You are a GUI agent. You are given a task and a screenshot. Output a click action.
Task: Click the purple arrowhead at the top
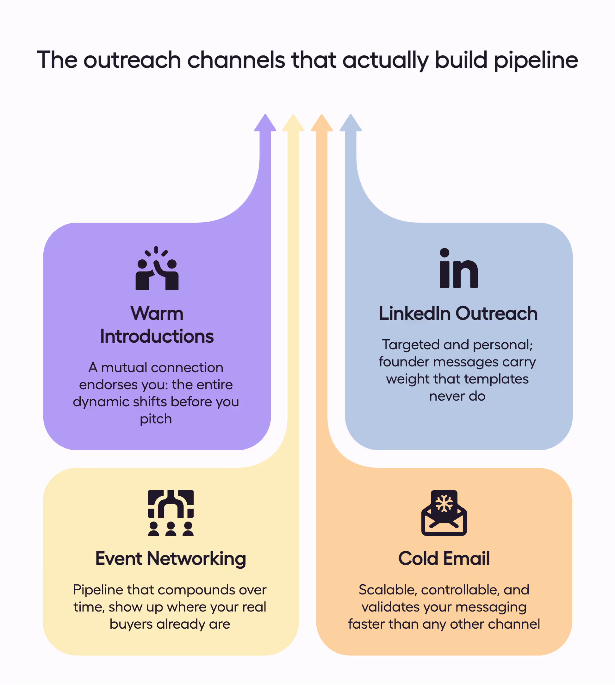265,124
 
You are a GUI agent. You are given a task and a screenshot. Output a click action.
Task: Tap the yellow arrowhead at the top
293,124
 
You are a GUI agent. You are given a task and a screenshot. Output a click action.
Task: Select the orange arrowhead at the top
322,124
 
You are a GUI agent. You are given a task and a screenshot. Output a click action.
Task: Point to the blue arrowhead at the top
351,124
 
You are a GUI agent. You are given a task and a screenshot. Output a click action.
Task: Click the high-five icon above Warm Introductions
157,268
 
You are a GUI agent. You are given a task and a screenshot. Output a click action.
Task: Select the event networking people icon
171,513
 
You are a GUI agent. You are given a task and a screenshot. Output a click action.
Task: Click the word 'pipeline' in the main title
536,60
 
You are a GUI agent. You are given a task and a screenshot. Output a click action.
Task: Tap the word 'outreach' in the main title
132,60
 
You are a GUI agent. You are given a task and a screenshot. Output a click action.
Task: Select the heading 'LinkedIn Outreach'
458,313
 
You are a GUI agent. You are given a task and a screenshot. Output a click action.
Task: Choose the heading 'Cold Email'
444,559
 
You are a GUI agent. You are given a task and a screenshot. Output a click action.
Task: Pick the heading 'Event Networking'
171,559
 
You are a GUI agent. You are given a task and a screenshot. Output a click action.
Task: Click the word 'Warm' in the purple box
157,313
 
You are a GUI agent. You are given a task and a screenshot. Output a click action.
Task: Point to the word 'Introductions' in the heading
157,336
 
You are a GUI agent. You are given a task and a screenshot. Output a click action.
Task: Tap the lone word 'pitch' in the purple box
156,419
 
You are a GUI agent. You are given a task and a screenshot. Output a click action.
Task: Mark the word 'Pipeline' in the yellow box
98,590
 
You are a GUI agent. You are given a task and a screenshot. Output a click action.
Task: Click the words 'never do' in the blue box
457,396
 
